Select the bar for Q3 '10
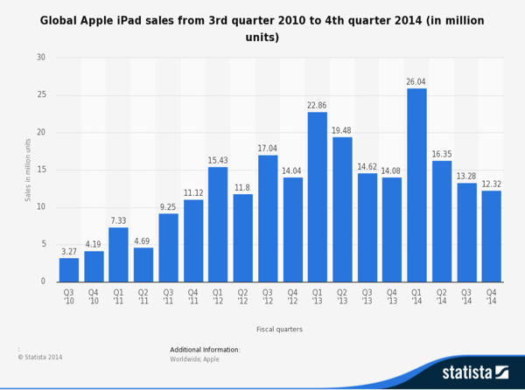pos(69,269)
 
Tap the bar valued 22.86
pos(317,197)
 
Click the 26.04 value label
pos(416,81)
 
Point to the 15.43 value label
pos(218,160)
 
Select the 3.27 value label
pos(69,251)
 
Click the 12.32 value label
pos(491,184)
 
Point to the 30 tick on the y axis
pos(41,58)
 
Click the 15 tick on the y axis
pos(41,170)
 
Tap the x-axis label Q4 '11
pos(193,297)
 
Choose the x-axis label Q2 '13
pos(342,297)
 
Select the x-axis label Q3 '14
pos(466,297)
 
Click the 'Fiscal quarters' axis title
pos(280,329)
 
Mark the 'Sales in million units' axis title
pos(28,170)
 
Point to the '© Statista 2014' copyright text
pos(40,357)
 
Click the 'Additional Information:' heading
pos(205,350)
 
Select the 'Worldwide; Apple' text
pos(195,359)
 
